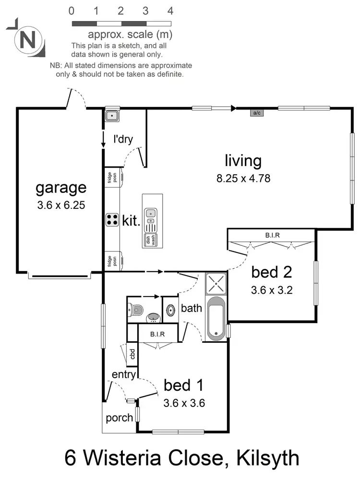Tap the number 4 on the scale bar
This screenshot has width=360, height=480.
point(170,11)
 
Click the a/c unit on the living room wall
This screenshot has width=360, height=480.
point(256,113)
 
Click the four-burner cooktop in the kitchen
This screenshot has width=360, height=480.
point(112,220)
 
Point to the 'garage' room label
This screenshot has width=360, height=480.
point(61,188)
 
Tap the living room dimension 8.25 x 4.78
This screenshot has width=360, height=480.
point(243,179)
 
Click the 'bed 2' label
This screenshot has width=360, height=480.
point(272,272)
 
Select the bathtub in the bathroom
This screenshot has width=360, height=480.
point(216,318)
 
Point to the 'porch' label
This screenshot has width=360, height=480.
point(119,418)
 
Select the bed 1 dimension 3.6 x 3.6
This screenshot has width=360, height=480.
point(184,403)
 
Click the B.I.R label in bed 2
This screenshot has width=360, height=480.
point(272,236)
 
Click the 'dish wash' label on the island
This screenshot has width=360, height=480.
point(151,239)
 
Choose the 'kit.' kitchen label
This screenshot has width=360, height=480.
point(131,221)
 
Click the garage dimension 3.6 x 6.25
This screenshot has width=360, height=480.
point(61,205)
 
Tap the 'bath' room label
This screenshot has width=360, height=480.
point(192,308)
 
